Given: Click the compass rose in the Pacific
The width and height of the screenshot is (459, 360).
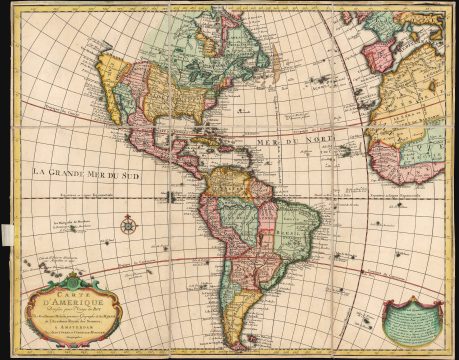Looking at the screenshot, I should click(x=128, y=225).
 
